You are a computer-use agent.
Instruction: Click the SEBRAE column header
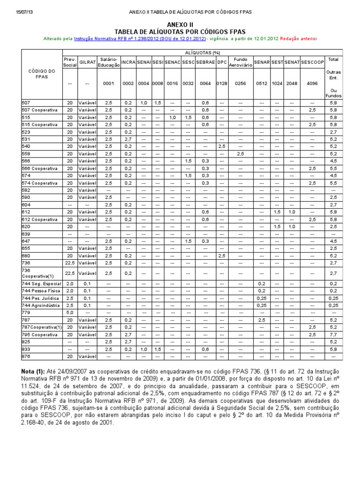pyautogui.click(x=205, y=62)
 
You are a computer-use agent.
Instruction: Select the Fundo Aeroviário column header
pyautogui.click(x=240, y=62)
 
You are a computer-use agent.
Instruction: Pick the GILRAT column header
pyautogui.click(x=87, y=62)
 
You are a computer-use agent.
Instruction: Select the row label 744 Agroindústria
pyautogui.click(x=41, y=305)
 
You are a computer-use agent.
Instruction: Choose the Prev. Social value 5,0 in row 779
pyautogui.click(x=70, y=312)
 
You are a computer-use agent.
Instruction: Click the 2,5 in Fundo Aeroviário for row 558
pyautogui.click(x=240, y=154)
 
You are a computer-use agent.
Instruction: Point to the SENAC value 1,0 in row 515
pyautogui.click(x=172, y=117)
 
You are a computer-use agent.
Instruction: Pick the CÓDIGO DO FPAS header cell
pyautogui.click(x=42, y=74)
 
